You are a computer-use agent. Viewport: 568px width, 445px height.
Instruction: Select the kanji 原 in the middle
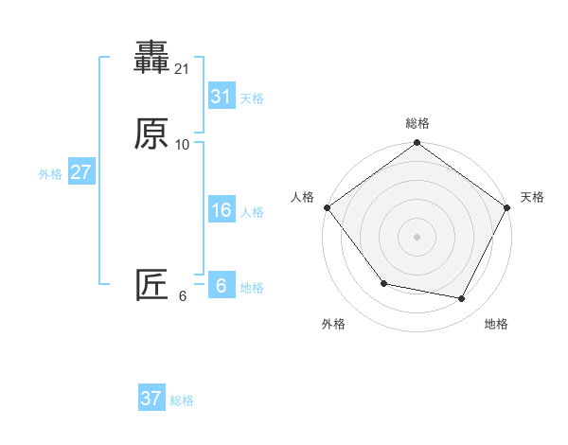point(151,134)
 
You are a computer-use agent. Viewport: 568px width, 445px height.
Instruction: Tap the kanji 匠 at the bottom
point(151,285)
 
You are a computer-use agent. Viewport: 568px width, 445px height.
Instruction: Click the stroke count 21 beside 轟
point(183,69)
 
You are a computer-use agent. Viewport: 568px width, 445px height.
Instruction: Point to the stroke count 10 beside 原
point(183,144)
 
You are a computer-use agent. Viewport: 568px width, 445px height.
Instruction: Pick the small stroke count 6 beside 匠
point(183,295)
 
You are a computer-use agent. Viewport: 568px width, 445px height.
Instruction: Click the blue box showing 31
point(221,97)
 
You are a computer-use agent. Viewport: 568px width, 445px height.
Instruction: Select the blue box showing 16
point(221,210)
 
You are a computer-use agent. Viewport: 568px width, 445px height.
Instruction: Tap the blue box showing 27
point(80,172)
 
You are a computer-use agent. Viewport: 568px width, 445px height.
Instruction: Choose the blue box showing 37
point(151,399)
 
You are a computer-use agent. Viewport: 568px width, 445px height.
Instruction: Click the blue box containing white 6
point(221,286)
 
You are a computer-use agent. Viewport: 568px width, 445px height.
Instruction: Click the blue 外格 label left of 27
point(50,174)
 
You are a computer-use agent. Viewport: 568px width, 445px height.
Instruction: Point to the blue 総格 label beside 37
point(182,400)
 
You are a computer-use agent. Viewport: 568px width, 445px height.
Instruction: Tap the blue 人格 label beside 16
point(252,212)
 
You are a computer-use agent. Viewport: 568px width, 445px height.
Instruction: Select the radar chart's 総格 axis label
point(417,123)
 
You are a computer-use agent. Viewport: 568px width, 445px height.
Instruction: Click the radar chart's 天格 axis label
point(532,197)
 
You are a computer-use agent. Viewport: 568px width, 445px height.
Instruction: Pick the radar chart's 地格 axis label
point(496,324)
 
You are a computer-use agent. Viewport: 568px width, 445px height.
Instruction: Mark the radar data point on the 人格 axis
point(327,207)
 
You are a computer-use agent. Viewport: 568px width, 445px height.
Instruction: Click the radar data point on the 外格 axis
point(383,283)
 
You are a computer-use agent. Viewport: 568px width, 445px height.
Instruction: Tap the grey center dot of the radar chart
point(417,236)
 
